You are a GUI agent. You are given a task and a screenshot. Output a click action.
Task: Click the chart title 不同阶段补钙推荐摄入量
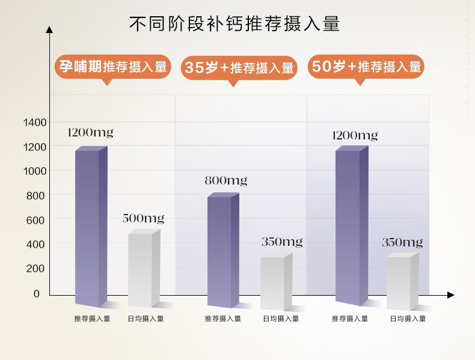coord(234,24)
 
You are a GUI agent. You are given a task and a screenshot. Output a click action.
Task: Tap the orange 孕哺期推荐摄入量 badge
coord(113,66)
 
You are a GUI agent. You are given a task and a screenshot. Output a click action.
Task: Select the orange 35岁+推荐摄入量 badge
coord(239,68)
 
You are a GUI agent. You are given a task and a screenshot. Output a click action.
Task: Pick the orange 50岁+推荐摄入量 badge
coord(366,67)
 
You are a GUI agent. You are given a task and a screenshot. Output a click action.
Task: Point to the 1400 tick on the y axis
coord(34,123)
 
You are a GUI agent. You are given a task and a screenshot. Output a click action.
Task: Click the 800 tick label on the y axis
coord(35,196)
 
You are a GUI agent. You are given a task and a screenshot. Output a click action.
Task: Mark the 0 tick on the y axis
coord(36,294)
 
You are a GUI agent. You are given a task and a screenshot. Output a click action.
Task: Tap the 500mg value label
coord(143,218)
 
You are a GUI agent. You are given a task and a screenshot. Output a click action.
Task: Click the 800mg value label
coord(225,180)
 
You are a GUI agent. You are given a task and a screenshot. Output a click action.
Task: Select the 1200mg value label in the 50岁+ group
coord(355,135)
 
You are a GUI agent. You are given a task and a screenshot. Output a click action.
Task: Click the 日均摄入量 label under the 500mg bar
coord(146,319)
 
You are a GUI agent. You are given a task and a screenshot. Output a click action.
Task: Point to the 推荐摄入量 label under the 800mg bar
coord(222,319)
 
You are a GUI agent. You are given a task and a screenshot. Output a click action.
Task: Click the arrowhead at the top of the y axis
coord(49,28)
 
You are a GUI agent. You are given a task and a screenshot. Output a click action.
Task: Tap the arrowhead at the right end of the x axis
coord(451,295)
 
